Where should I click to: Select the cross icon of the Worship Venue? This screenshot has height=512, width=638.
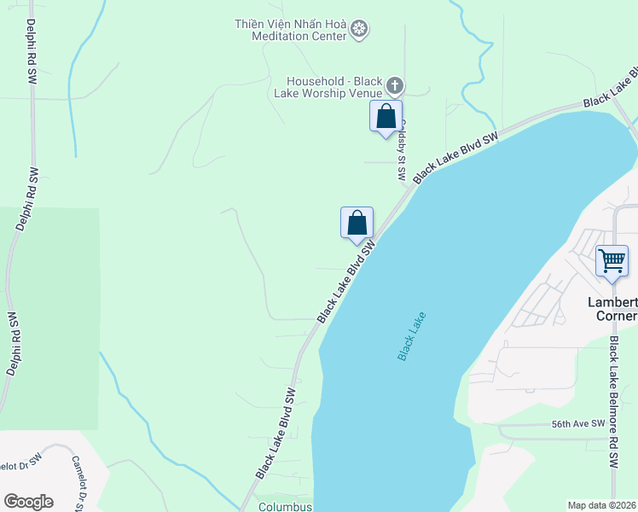click(x=394, y=84)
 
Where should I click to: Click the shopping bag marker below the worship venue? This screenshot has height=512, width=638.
click(x=386, y=116)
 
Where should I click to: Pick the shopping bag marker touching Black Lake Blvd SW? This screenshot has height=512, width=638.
click(x=357, y=224)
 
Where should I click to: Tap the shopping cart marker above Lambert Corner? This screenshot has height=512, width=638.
click(x=612, y=260)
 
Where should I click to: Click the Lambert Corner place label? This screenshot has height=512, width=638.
click(x=612, y=309)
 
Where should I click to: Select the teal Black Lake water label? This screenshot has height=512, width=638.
click(x=411, y=335)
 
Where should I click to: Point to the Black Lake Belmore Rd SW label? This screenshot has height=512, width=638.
click(x=613, y=402)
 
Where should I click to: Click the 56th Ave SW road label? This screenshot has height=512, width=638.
click(x=577, y=424)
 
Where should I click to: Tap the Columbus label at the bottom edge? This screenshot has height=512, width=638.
click(x=285, y=506)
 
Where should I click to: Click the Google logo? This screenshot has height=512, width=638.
click(x=28, y=501)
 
